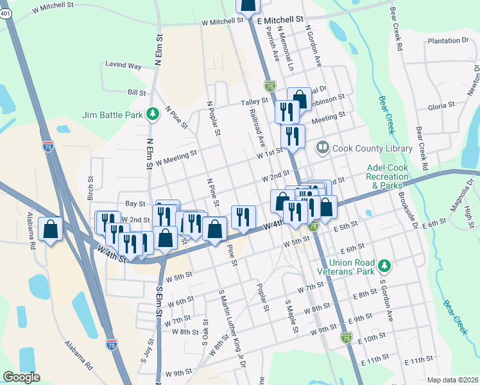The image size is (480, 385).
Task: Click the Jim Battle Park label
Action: tap(112, 116)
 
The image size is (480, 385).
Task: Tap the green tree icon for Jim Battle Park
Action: tap(153, 115)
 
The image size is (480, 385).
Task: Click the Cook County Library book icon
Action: tap(322, 148)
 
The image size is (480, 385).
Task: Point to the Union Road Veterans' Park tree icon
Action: tap(384, 265)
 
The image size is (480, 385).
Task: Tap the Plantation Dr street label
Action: tap(447, 40)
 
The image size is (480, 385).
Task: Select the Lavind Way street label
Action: tap(124, 65)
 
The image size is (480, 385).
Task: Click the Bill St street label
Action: tap(136, 93)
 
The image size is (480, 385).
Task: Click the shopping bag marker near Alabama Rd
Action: tap(51, 229)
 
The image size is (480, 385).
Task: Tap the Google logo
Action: tap(21, 377)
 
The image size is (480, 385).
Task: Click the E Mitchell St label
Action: tap(280, 20)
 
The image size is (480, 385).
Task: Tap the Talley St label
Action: tap(254, 101)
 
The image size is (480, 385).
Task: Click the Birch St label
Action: tap(90, 188)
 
